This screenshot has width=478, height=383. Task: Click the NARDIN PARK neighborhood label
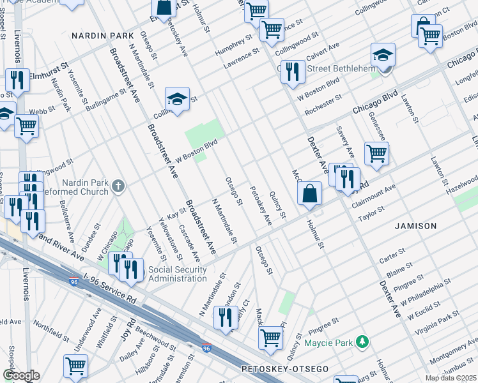click(102, 36)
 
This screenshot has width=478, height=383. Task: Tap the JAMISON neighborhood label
click(416, 226)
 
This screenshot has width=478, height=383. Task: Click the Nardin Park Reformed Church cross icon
click(117, 186)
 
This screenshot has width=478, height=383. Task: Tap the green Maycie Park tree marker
click(362, 343)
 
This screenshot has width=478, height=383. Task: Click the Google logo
click(21, 375)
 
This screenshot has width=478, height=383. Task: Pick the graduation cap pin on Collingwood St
click(177, 99)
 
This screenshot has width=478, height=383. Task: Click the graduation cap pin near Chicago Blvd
click(383, 55)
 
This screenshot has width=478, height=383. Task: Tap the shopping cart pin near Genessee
click(376, 153)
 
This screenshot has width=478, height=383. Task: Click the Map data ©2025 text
click(451, 378)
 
